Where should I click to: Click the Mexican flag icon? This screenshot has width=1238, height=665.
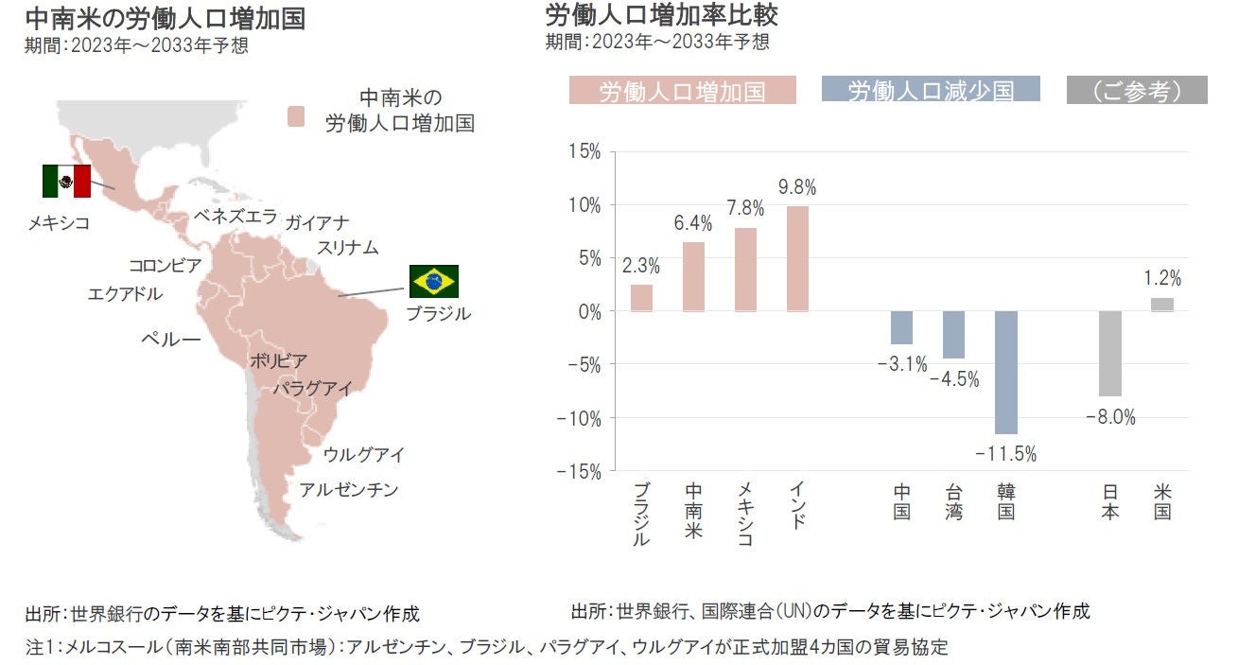pos(66,181)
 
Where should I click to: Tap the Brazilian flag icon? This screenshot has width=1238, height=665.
pos(434,281)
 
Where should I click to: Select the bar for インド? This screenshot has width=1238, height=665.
pos(797,258)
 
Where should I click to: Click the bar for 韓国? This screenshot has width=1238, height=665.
pos(1005,372)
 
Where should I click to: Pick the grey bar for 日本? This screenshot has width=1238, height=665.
pos(1110,353)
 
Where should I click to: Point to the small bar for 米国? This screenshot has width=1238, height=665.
pos(1162,305)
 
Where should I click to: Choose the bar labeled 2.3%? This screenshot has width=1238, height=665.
pos(641,298)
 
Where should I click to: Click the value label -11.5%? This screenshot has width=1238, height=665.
pos(1006,454)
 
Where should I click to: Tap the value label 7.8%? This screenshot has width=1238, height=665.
pos(745,208)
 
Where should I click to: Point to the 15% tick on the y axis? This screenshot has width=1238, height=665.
pos(584,151)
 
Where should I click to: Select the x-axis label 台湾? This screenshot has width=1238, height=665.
pos(953,501)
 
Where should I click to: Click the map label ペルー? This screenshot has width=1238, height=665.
pos(170,338)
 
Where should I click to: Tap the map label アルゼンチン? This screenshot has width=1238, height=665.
pos(349,490)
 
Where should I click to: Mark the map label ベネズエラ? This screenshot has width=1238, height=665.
pos(235,216)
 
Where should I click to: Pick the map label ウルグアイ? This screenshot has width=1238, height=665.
pos(364,455)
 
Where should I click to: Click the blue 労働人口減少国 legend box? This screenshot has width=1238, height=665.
pos(932,90)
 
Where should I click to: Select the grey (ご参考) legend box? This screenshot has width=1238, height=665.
pos(1137,90)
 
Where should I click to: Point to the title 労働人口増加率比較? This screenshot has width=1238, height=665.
pos(662,16)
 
